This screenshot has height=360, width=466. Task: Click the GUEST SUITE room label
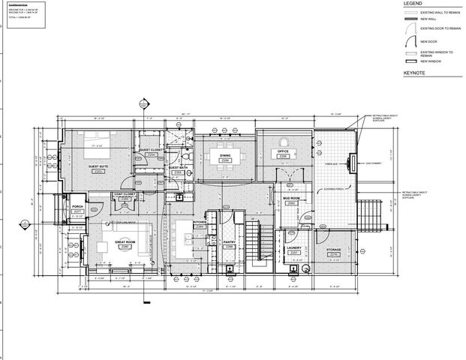click(x=98, y=166)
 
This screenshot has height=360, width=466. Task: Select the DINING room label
click(x=224, y=155)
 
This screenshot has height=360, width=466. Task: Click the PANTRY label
click(x=230, y=242)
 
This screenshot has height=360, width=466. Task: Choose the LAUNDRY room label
click(x=294, y=249)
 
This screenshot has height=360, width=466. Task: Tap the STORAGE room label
click(x=333, y=249)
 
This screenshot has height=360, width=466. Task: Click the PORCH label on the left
click(x=77, y=206)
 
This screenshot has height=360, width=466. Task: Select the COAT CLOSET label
click(x=124, y=194)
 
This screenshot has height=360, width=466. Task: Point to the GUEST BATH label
click(x=178, y=167)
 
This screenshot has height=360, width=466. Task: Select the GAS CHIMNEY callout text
click(x=375, y=163)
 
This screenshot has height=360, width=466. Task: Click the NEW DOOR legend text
click(x=428, y=41)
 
